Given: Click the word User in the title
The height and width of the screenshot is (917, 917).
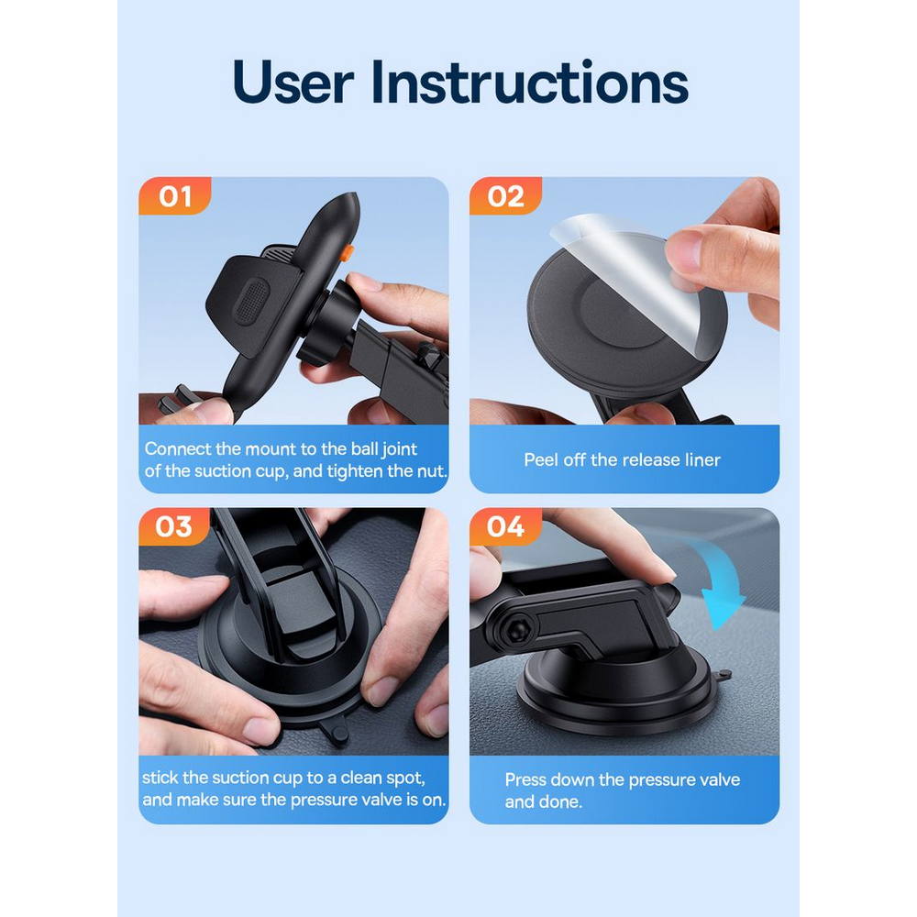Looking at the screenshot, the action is click(x=293, y=82).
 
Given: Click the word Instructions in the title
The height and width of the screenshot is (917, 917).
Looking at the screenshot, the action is click(x=530, y=82).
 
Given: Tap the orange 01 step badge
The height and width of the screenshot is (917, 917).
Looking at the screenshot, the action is click(x=175, y=196).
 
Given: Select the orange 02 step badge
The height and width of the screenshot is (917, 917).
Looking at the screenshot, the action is click(x=505, y=196).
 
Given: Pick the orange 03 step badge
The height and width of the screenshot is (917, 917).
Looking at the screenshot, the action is click(x=173, y=526).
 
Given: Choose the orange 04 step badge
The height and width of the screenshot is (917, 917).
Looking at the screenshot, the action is click(x=505, y=526).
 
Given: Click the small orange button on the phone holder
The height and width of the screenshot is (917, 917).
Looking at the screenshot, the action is click(x=347, y=253).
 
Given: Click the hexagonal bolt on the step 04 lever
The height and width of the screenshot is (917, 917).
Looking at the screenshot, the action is click(x=515, y=632).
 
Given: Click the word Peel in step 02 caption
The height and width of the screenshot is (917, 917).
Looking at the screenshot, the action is click(x=541, y=459).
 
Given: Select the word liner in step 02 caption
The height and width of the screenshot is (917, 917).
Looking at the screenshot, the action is click(x=702, y=459).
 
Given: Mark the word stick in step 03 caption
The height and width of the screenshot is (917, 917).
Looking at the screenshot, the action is click(x=160, y=778).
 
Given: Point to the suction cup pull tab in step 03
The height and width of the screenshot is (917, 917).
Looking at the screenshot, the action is click(x=334, y=731).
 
